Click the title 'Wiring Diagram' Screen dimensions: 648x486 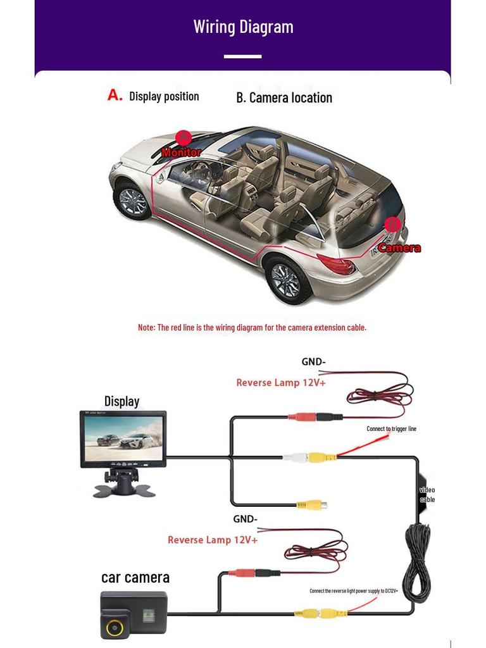click(243, 27)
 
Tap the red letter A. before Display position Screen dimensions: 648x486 click(114, 95)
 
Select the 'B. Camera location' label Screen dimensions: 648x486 click(284, 97)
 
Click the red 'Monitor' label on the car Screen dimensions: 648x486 click(181, 152)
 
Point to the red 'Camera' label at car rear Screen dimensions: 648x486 click(399, 247)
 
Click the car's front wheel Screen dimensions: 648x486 click(133, 200)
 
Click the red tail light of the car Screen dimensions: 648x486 click(337, 264)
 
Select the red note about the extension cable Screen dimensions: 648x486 click(252, 327)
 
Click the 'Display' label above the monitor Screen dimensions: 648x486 click(121, 401)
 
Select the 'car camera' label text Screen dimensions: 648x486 click(135, 577)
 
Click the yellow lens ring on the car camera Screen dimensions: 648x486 click(115, 627)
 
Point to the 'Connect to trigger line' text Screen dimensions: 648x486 click(391, 429)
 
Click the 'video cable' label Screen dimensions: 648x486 click(427, 495)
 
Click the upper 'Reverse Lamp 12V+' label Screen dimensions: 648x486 click(281, 383)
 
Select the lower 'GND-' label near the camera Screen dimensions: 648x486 click(245, 519)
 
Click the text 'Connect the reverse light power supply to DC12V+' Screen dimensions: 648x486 click(353, 591)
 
